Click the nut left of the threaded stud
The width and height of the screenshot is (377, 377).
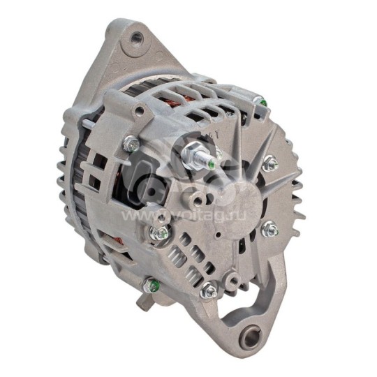131,145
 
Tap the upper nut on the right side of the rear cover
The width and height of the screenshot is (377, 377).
270,164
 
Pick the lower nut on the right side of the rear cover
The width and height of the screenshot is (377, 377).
269,229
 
